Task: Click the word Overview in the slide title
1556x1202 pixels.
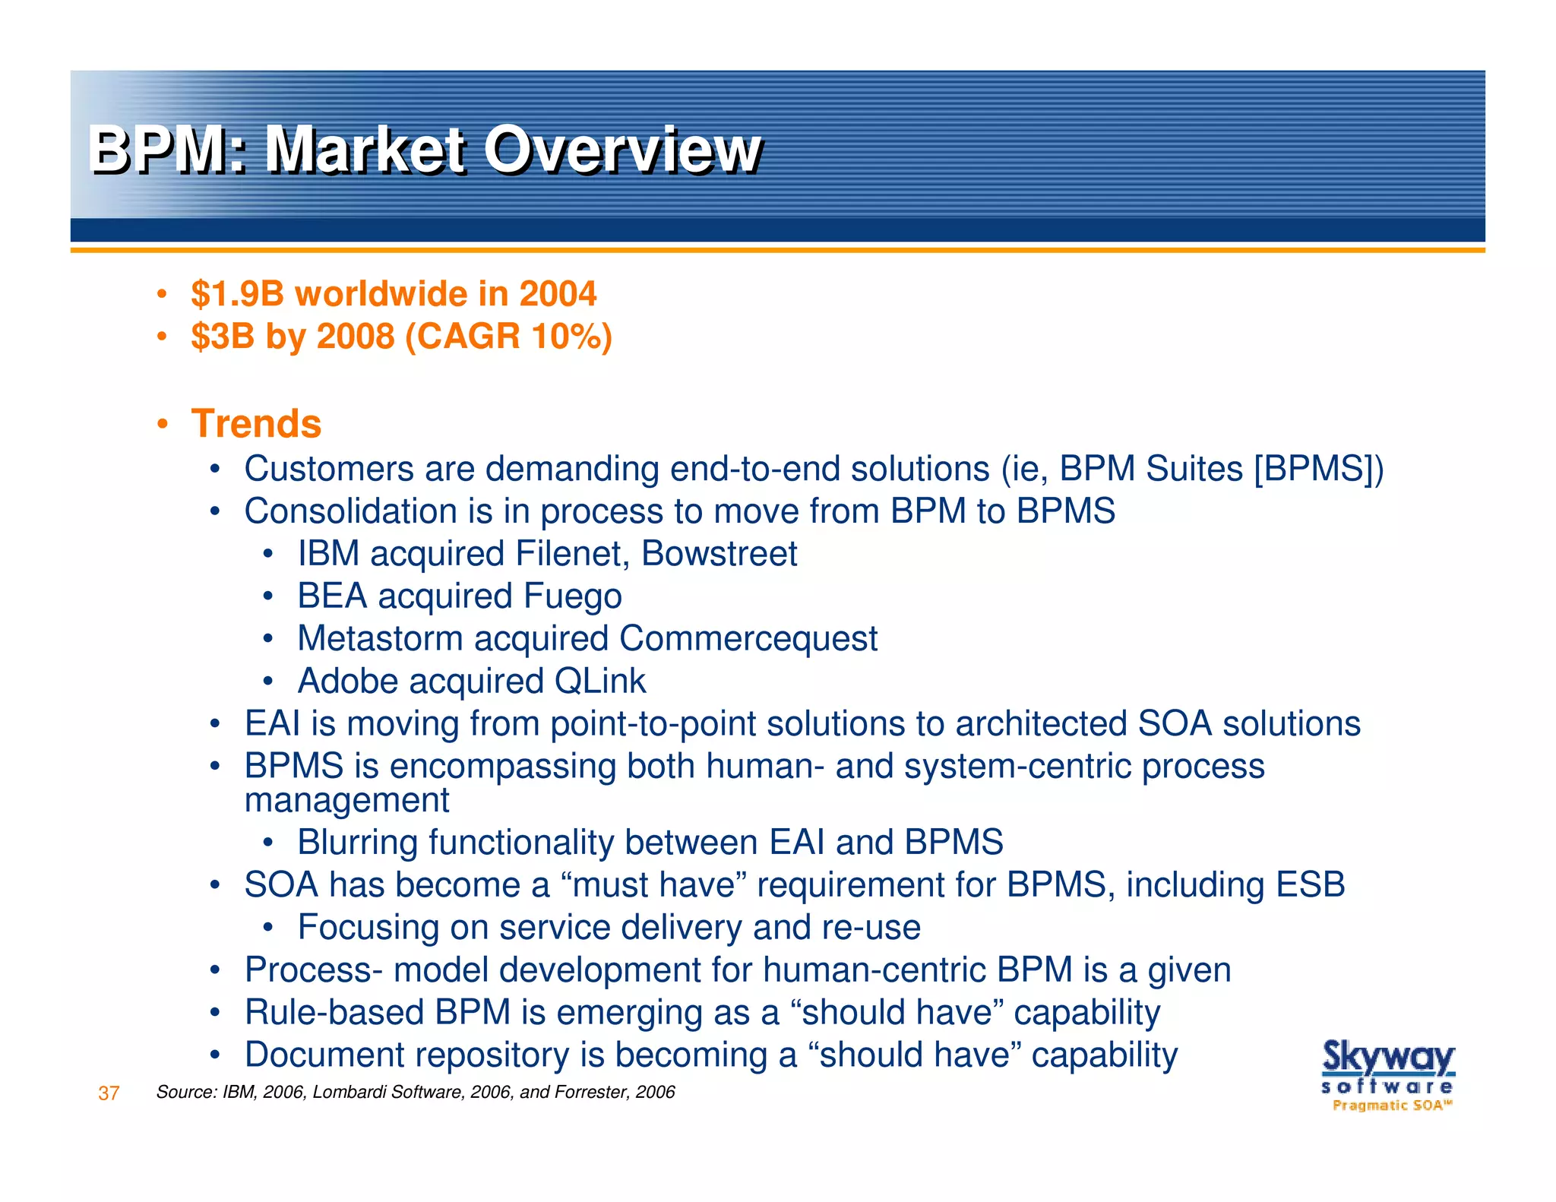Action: pos(621,150)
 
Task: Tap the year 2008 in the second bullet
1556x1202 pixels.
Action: pos(355,337)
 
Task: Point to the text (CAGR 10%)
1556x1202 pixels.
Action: pos(508,337)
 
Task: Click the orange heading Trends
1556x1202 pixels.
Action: pos(256,423)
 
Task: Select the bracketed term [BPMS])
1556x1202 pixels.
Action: pos(1319,469)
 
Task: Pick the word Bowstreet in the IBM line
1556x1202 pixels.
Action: pos(719,553)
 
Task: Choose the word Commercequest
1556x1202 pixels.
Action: pos(748,638)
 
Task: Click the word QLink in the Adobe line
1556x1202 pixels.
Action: pos(599,681)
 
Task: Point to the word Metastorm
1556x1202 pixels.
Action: pos(380,638)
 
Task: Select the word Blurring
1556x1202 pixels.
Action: pos(356,843)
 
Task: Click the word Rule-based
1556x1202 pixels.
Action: pos(334,1013)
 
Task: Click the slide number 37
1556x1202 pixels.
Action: pos(109,1093)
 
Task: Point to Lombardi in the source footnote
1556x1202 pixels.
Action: pos(341,1093)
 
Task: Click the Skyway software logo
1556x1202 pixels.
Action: pos(1387,1075)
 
